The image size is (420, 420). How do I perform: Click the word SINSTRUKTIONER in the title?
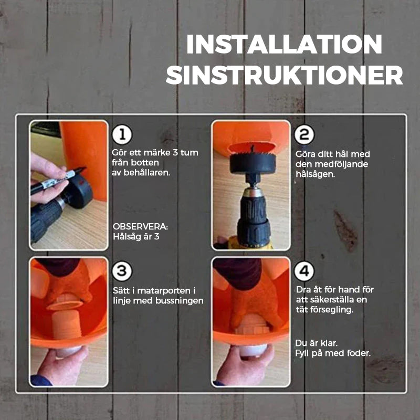point(284,76)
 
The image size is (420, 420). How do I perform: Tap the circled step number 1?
point(122,135)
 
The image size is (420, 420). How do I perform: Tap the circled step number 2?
point(303,135)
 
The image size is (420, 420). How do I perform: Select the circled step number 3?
point(122,271)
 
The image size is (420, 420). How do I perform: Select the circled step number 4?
point(303,271)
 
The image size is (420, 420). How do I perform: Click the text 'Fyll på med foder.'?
point(333,353)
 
